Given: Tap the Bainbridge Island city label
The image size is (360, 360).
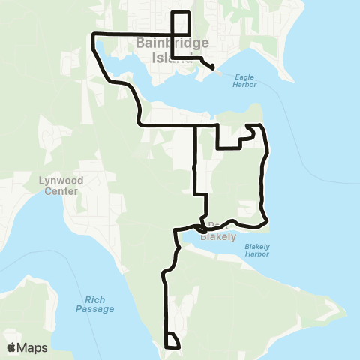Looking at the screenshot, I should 172,51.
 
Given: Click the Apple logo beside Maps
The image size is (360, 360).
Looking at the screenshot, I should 10,347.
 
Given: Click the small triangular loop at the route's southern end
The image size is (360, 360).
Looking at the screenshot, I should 172,341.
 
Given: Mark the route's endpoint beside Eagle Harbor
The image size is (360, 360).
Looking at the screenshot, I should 213,68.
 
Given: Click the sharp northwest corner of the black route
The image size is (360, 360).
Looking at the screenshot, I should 92,34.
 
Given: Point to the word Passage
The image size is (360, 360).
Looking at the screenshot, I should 94,309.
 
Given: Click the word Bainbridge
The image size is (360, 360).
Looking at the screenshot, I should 172,43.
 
